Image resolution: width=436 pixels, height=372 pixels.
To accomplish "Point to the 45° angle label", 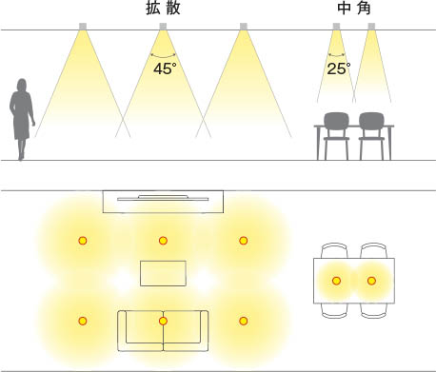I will click(x=164, y=68).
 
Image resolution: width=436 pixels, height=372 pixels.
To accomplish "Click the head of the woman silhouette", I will click(x=22, y=85).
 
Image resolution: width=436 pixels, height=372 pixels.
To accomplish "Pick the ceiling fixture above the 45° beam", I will click(x=163, y=26).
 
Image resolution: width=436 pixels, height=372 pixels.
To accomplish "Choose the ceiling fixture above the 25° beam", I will click(x=336, y=26).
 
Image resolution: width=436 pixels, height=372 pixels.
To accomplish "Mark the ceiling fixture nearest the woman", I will click(x=83, y=26).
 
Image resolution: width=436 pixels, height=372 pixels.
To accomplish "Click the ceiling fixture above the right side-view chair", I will click(x=370, y=26).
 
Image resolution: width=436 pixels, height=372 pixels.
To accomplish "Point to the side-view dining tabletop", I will click(x=353, y=127).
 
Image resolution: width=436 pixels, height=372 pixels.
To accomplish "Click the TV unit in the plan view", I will click(x=163, y=201).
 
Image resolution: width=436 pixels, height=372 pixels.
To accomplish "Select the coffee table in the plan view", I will click(x=163, y=273).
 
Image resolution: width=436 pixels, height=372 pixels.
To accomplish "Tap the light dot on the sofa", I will click(x=163, y=322).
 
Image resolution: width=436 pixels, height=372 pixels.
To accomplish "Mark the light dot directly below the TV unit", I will click(x=163, y=241).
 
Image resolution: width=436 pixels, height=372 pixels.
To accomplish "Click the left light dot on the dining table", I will click(x=336, y=281).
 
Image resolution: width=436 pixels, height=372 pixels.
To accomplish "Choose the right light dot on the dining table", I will click(x=371, y=281).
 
